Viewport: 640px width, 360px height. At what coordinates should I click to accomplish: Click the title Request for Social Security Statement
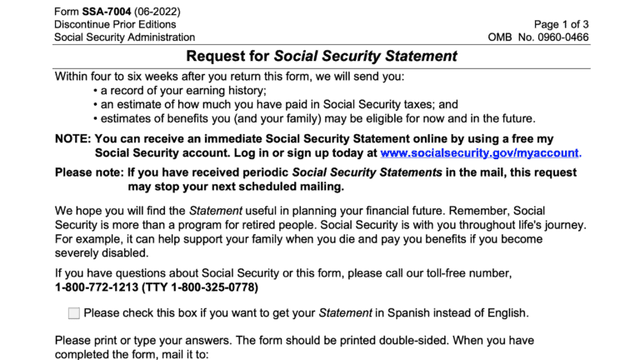pyautogui.click(x=321, y=57)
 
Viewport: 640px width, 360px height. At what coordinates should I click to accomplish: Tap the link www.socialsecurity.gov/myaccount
pyautogui.click(x=479, y=153)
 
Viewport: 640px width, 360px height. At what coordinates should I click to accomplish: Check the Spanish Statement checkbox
pyautogui.click(x=74, y=313)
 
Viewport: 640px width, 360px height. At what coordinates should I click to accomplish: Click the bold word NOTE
pyautogui.click(x=72, y=139)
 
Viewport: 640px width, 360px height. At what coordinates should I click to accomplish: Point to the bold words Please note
pyautogui.click(x=88, y=172)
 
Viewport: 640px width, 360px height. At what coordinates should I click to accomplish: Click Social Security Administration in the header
pyautogui.click(x=124, y=37)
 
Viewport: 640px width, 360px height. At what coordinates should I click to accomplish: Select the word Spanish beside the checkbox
pyautogui.click(x=410, y=313)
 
